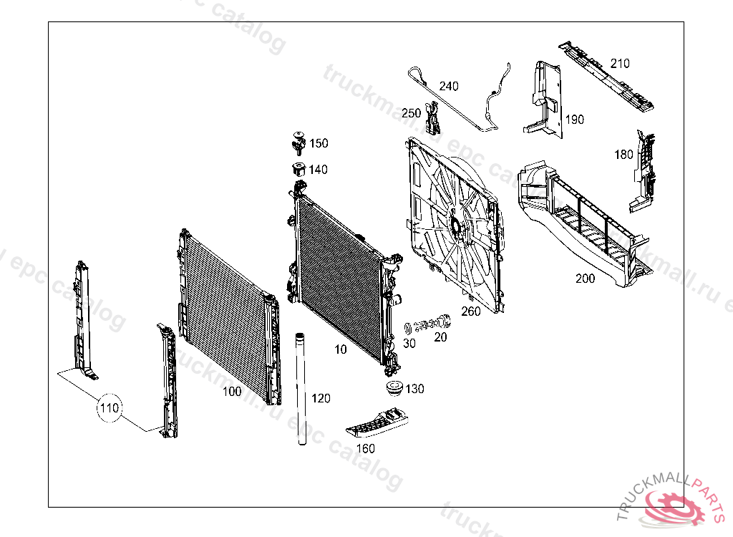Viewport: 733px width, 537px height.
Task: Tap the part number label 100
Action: (232, 392)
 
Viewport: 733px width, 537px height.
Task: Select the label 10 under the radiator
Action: (340, 349)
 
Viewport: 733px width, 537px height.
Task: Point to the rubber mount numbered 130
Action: (392, 390)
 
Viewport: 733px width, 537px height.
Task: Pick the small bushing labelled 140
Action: (298, 170)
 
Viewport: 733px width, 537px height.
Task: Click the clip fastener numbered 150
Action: (298, 142)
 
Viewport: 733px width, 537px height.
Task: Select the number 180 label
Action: (624, 154)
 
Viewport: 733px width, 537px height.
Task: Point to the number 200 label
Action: (585, 279)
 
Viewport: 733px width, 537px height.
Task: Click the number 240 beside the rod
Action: (449, 87)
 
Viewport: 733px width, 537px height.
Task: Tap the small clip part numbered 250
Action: (432, 119)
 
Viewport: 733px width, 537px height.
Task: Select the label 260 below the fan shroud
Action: (471, 311)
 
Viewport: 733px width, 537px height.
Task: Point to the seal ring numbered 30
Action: (409, 328)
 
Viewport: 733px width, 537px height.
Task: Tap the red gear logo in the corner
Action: (675, 506)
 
